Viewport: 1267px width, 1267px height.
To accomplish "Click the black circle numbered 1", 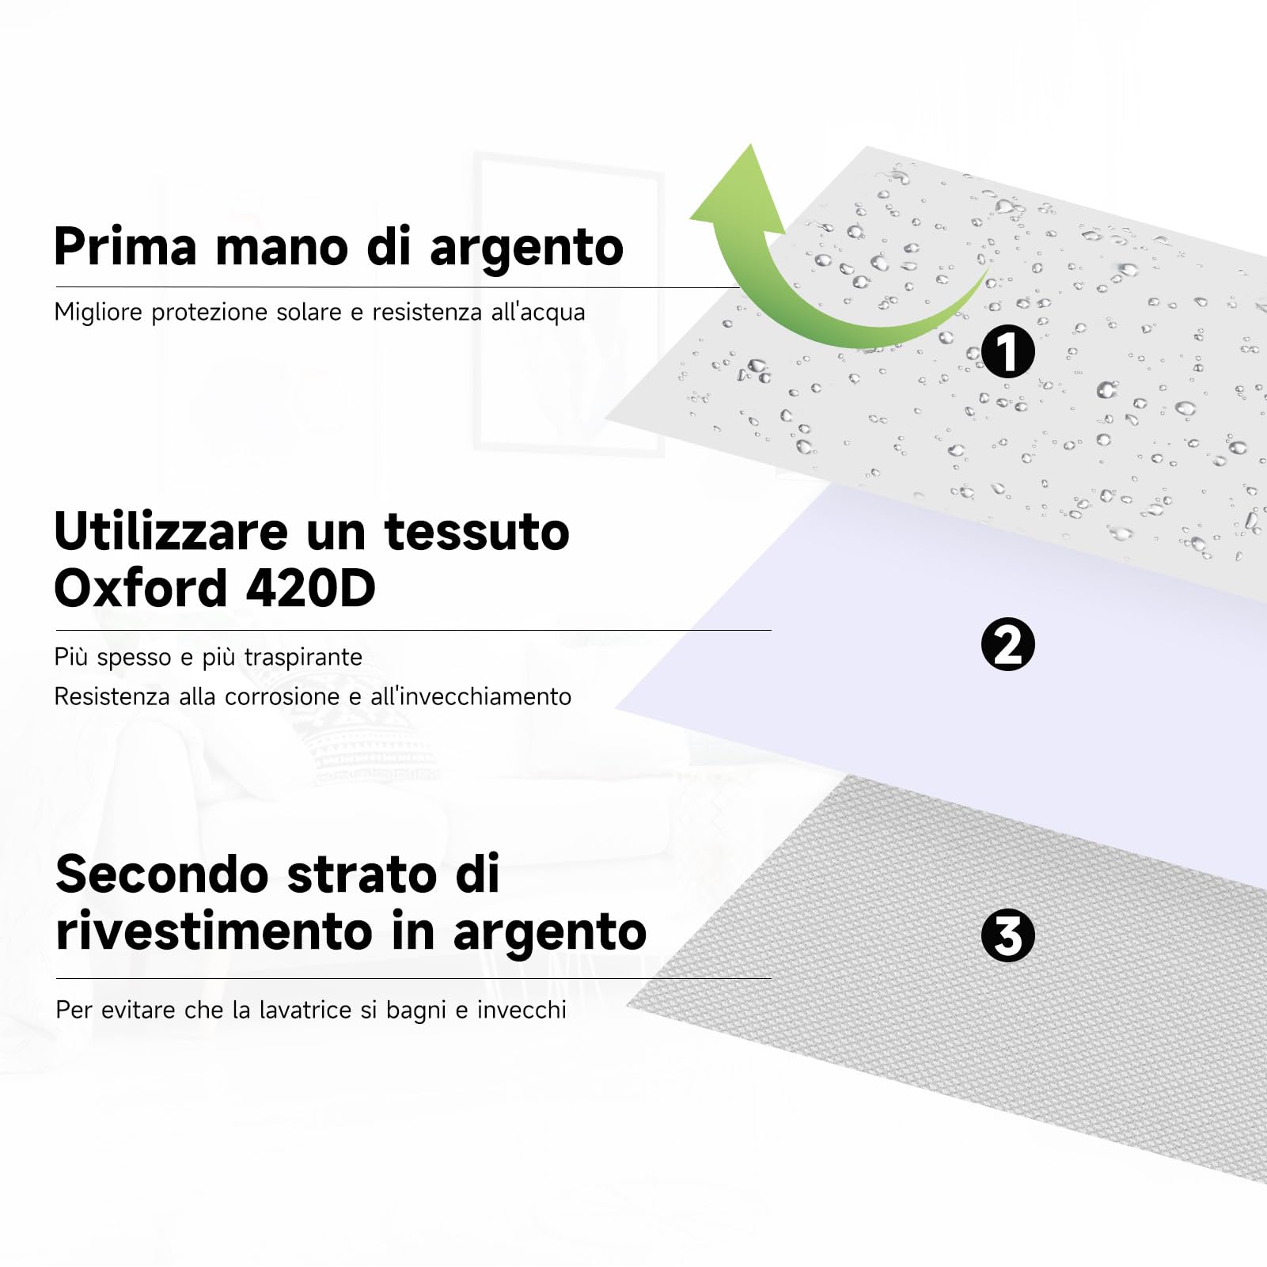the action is (1007, 352).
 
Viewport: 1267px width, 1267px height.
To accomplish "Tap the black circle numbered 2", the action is (1007, 645).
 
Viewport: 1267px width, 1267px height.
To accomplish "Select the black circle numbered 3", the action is (1007, 935).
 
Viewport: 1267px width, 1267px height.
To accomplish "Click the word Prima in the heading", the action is (125, 247).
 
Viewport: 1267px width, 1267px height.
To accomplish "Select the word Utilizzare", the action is (171, 532).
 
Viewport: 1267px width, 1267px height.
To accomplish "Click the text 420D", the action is (310, 589).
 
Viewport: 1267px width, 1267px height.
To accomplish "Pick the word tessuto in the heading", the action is (476, 532).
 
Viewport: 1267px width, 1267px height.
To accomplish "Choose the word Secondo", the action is (162, 874).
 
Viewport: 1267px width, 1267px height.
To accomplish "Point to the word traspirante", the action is (303, 658).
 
